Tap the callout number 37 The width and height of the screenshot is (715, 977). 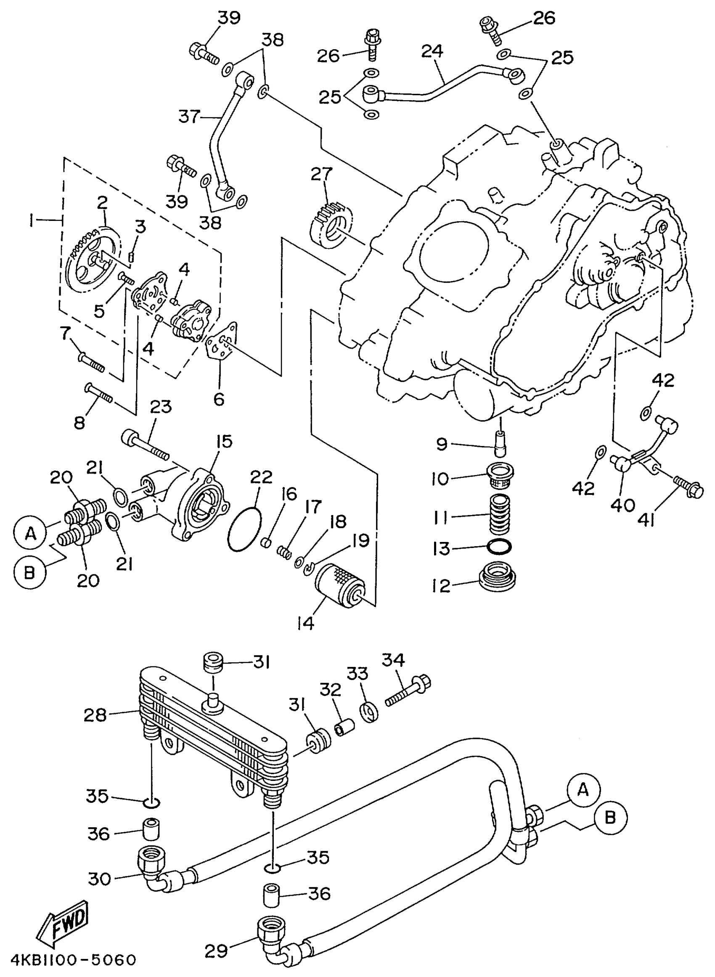[x=190, y=117]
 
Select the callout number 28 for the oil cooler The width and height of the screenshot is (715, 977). [x=95, y=715]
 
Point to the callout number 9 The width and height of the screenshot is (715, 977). [x=442, y=445]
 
